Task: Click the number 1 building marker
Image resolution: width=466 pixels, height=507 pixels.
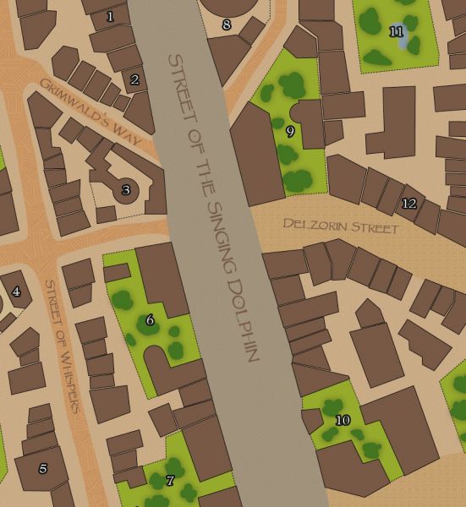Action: point(110,15)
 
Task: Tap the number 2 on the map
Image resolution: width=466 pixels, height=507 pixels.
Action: point(134,80)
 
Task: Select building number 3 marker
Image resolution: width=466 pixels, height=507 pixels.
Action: point(126,190)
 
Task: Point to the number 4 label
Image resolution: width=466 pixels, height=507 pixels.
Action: point(16,292)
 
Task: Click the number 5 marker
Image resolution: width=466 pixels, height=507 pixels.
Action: point(42,468)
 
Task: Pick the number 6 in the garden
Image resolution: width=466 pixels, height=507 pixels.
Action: point(150,319)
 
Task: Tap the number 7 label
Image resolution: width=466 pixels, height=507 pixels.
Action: point(170,481)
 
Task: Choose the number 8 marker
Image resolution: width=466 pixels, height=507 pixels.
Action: point(226,25)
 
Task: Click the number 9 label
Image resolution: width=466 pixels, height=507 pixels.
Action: point(290,131)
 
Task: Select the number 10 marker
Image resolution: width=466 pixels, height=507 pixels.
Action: point(343,420)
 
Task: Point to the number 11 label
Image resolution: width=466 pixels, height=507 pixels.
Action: point(397,32)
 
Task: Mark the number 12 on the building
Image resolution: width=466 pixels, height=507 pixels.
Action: point(409,204)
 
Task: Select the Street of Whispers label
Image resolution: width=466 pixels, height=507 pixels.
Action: point(62,345)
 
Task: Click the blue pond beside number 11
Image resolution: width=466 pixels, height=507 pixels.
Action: point(403,38)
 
